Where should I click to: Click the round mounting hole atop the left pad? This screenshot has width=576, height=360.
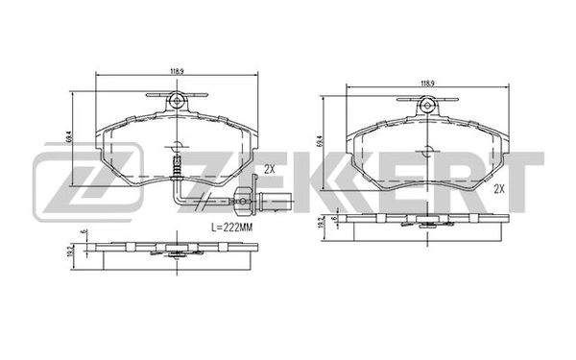coord(177,101)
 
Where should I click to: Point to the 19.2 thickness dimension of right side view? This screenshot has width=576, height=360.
coord(322,227)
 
